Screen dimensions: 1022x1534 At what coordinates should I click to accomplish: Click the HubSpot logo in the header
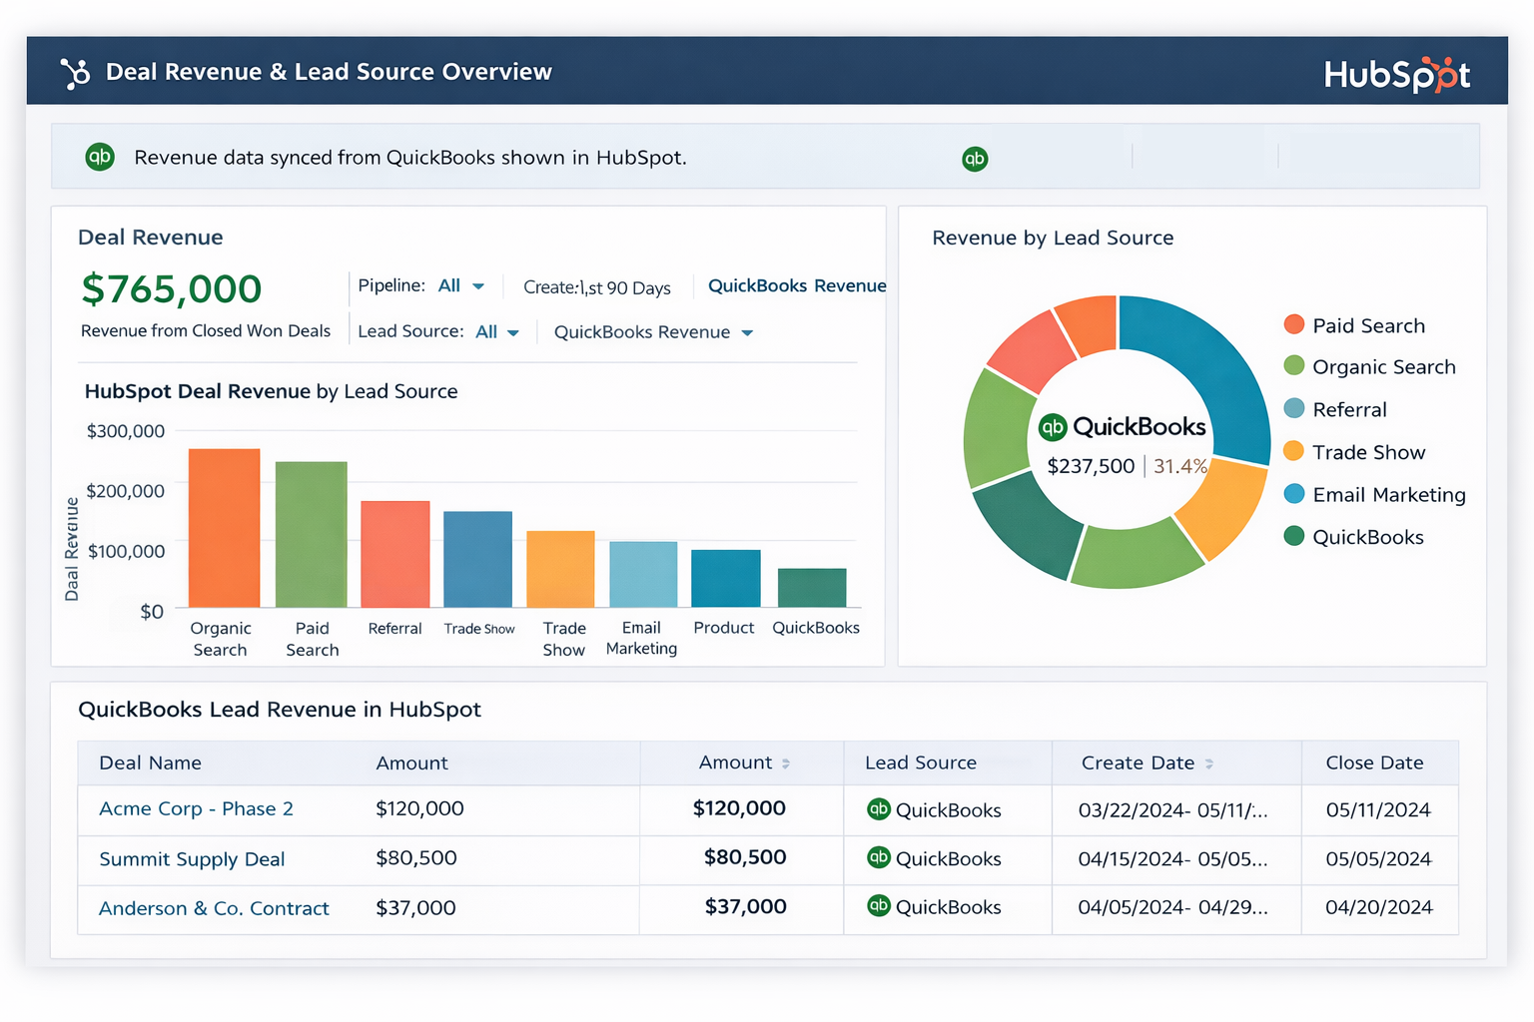coord(1396,75)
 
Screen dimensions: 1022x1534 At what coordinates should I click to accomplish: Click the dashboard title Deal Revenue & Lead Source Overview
coord(328,72)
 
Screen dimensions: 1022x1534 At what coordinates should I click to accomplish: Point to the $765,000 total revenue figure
coord(172,289)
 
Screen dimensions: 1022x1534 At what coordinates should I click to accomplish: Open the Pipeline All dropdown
coord(459,286)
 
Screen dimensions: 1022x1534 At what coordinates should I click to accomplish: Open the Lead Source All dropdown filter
coord(496,332)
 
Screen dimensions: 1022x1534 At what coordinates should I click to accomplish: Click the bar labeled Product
coord(725,578)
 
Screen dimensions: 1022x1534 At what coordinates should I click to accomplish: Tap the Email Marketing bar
coord(643,574)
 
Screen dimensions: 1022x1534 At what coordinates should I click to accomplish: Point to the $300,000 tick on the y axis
coord(126,431)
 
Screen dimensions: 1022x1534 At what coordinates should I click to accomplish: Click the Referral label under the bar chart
coord(394,629)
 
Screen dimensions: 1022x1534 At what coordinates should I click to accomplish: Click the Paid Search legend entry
coord(1367,326)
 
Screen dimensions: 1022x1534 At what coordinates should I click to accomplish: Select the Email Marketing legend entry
coord(1388,495)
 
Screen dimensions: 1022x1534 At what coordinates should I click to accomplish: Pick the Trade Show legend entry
coord(1367,453)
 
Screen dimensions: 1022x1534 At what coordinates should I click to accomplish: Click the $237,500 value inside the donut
coord(1091,466)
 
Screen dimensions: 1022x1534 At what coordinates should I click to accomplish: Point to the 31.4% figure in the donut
coord(1179,466)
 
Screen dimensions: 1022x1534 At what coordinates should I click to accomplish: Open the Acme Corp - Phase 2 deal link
coord(196,809)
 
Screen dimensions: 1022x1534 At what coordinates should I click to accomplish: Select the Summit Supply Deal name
coord(192,859)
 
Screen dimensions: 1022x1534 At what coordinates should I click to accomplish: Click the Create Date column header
coord(1138,764)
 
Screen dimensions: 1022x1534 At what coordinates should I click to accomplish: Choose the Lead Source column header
coord(920,764)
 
